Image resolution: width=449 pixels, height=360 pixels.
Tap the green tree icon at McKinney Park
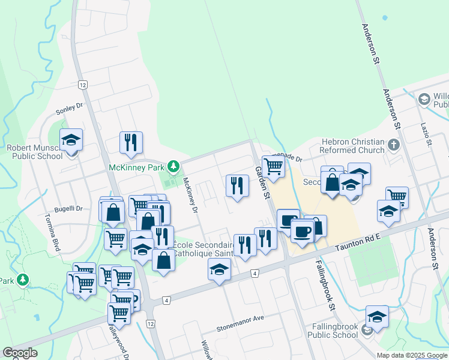pos(173,166)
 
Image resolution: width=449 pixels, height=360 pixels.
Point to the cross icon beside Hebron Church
pos(394,145)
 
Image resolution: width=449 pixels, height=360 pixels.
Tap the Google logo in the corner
pos(20,353)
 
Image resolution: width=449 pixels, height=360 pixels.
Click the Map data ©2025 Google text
pos(412,355)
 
